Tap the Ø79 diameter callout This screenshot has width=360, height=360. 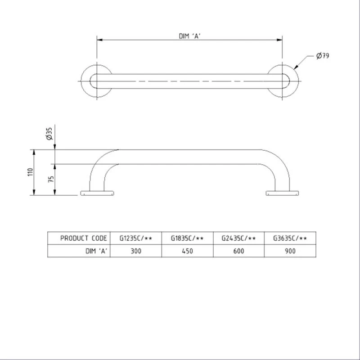pos(323,56)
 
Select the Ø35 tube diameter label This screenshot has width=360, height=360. pos(49,135)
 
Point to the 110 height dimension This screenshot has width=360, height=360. pos(30,172)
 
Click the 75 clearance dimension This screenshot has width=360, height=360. pos(50,179)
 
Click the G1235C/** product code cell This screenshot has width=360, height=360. pos(136,238)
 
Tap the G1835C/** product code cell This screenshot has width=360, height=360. pos(188,238)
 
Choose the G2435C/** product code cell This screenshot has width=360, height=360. pos(239,238)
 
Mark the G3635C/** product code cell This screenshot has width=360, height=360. pos(290,238)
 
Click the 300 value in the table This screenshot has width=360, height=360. pos(136,251)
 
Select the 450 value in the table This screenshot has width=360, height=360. pos(188,251)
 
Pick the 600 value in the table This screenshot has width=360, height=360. pos(239,251)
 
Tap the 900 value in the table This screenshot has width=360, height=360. pos(290,251)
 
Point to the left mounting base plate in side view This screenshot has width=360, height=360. pos(97,193)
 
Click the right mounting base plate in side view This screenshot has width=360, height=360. pos(282,193)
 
